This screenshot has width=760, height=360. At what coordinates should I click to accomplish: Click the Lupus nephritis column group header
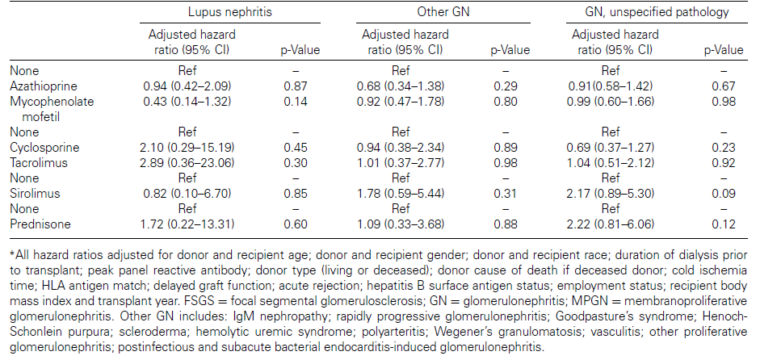(x=229, y=11)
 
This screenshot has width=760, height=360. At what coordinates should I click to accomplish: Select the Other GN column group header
(x=443, y=11)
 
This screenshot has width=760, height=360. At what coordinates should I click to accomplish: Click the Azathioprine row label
(x=44, y=86)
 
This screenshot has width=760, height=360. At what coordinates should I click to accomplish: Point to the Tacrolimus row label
(x=40, y=163)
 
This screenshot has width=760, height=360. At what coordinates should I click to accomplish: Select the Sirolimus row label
(x=35, y=194)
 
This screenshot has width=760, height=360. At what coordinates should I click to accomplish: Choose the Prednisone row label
(x=40, y=224)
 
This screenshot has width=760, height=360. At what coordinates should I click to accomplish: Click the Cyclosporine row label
(x=44, y=148)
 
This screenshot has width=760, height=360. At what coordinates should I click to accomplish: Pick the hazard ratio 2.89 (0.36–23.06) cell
(x=187, y=163)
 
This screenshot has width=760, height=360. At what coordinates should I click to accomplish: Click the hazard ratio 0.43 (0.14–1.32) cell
(x=187, y=102)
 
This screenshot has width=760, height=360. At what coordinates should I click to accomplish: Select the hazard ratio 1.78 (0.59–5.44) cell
(x=401, y=194)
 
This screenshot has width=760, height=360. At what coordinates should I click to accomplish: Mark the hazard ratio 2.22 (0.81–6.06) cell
(x=611, y=224)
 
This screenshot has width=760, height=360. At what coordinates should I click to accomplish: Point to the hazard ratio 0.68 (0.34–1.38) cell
(x=401, y=86)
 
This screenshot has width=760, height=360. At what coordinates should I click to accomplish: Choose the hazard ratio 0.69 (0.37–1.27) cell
(x=611, y=148)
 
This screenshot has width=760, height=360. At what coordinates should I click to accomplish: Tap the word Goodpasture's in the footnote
(x=591, y=317)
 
